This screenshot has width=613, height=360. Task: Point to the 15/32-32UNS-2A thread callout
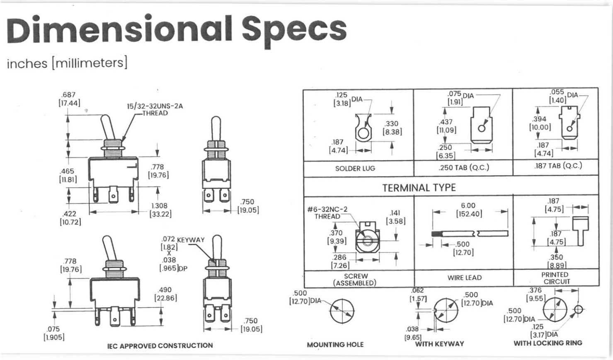click(x=155, y=109)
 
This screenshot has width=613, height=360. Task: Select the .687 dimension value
click(x=68, y=94)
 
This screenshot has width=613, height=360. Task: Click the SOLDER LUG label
click(x=355, y=168)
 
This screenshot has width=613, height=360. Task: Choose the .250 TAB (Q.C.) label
click(x=463, y=167)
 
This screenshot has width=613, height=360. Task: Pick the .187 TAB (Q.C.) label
click(x=558, y=166)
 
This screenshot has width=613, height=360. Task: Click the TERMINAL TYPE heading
click(x=419, y=188)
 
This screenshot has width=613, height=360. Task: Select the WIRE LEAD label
click(x=464, y=278)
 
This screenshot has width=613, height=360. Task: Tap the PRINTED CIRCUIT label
click(x=555, y=278)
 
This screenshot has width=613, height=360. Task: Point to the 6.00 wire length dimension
click(x=468, y=205)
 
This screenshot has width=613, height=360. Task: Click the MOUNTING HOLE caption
click(x=335, y=345)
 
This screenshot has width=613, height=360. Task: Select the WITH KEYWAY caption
click(x=439, y=344)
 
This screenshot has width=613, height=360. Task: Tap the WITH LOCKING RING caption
click(x=548, y=343)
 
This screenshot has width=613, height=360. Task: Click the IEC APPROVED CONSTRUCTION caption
click(x=160, y=346)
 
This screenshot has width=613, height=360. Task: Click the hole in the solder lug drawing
click(x=363, y=134)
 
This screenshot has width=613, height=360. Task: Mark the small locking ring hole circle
click(x=578, y=309)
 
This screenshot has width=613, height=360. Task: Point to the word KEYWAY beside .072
click(x=191, y=239)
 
